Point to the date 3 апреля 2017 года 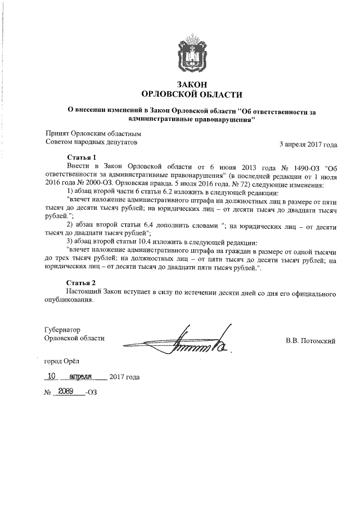coord(308,144)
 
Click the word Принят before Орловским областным coord(57,134)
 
